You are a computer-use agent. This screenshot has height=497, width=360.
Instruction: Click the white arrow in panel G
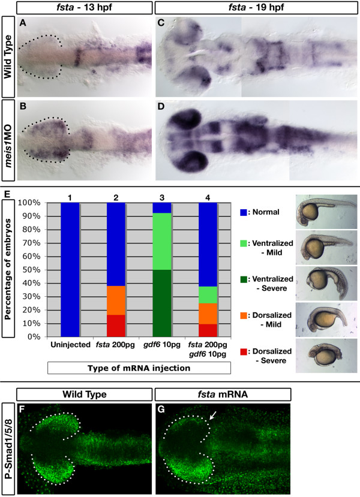pos(213,415)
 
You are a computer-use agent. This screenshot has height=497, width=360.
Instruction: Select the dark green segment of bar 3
pos(162,303)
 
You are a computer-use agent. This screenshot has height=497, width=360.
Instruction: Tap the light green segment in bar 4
pos(208,295)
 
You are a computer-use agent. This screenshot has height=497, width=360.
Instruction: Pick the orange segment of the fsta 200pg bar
pos(116,300)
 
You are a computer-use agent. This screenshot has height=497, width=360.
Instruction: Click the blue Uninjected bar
pos(70,269)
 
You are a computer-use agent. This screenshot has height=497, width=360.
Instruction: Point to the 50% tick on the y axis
pos(32,270)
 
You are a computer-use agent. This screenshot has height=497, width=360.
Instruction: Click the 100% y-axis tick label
pos(29,203)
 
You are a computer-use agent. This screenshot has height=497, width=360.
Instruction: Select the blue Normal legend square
pos(243,212)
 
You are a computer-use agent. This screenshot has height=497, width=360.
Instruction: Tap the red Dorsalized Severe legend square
pos(243,351)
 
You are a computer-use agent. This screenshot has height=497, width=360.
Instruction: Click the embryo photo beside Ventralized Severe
pos(326,284)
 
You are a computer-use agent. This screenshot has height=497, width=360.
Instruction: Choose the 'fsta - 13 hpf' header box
pos(85,7)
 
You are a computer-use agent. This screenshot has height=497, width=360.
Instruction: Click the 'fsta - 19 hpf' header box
pos(256,7)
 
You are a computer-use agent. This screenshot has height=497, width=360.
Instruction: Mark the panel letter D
pos(161,106)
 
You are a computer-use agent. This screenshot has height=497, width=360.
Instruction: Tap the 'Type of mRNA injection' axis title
pos(139,368)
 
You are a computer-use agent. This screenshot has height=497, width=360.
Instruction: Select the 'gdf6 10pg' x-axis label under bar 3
pos(162,345)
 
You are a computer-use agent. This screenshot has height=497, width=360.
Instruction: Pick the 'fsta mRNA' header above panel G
pos(223,394)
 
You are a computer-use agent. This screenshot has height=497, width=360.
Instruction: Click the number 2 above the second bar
pos(116,198)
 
